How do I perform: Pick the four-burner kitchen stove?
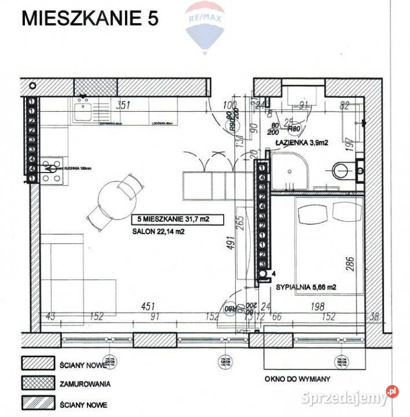tap(52, 170)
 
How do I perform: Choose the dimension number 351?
tap(121, 105)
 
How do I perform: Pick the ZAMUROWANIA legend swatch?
tap(37, 383)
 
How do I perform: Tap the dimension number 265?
tap(237, 224)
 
